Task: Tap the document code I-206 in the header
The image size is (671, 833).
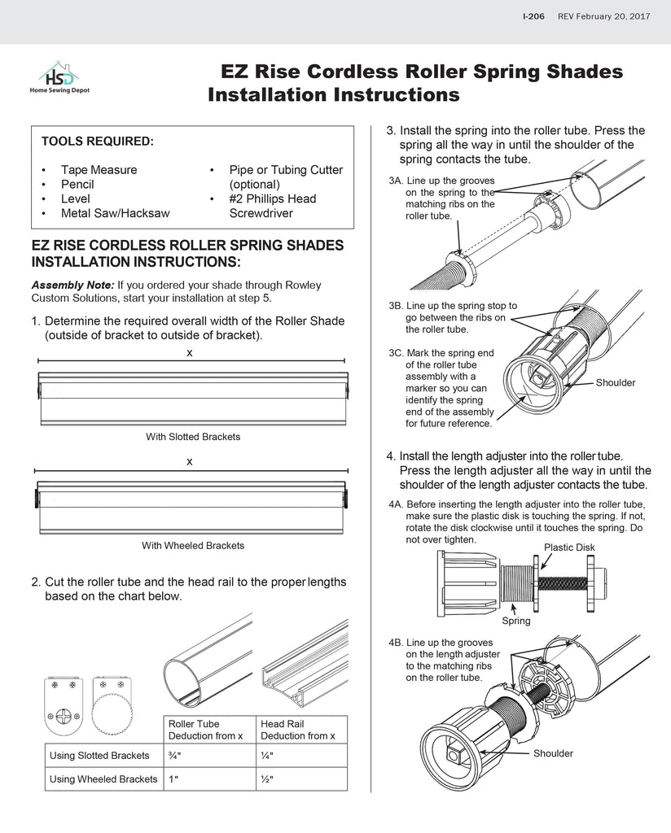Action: coord(533,16)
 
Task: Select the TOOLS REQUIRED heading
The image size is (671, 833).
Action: coord(97,142)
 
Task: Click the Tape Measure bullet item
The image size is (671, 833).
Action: coord(99,170)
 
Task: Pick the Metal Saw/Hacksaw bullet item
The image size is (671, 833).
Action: coord(115,213)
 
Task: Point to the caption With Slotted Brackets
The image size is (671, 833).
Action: coord(193,437)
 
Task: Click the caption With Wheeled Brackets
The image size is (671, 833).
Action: coord(193,546)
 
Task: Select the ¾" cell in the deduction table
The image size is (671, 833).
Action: coord(174,755)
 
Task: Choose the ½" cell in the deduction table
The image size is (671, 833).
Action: coord(267,778)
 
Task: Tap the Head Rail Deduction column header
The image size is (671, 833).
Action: coord(297,730)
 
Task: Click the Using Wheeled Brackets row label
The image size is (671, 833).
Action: coord(103,778)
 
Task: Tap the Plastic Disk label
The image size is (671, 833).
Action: coord(569,547)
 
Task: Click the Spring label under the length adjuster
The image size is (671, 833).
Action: coord(515,621)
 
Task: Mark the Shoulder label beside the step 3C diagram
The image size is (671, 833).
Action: coord(615,382)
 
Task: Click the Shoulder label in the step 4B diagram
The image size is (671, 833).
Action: coord(553,753)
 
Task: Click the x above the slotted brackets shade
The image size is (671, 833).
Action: coord(189,352)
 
